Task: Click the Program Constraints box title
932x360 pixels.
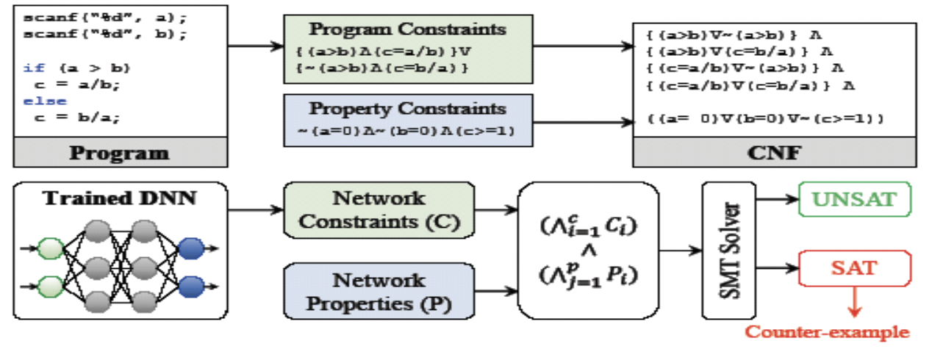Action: (407, 29)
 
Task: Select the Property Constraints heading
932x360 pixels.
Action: (407, 109)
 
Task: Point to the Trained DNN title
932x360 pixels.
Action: (120, 198)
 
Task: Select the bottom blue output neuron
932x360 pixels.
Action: (192, 284)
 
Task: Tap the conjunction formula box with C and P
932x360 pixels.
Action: (589, 252)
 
